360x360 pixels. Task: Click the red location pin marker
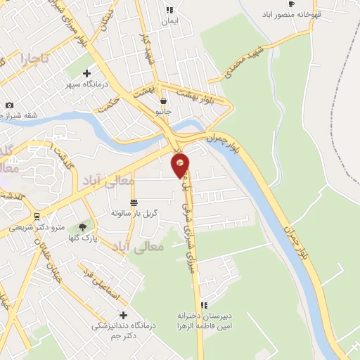[x=181, y=165]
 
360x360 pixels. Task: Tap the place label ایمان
[x=169, y=22]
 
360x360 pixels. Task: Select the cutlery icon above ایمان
[x=169, y=10]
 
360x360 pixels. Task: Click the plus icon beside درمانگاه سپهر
[x=86, y=73]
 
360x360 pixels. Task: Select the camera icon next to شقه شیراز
[x=9, y=105]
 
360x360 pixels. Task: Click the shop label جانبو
[x=163, y=111]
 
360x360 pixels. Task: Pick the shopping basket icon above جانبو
[x=163, y=101]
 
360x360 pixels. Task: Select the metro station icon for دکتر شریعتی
[x=36, y=215]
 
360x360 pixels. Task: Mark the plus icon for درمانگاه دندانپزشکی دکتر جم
[x=124, y=315]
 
